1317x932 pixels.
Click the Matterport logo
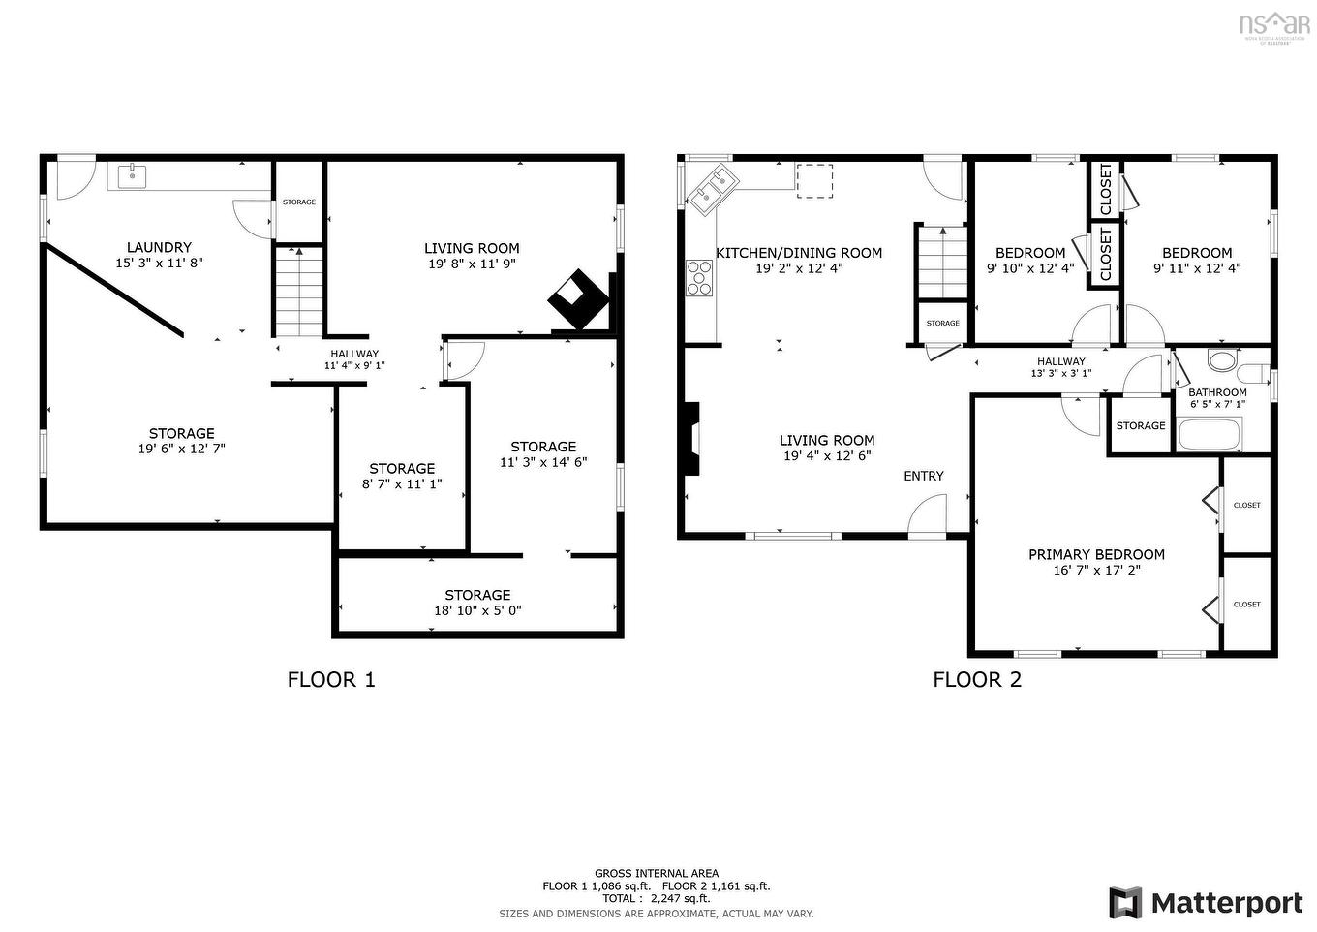click(1206, 903)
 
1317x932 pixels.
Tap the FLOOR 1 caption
click(330, 679)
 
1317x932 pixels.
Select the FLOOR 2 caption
click(976, 679)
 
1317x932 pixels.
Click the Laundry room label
click(159, 247)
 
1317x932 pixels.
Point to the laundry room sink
click(132, 176)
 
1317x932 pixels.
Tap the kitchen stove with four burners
click(698, 278)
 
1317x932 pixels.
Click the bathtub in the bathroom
click(1210, 434)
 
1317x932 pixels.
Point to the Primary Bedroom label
click(1096, 554)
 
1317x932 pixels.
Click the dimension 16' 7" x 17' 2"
click(1096, 571)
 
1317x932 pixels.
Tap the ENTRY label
click(923, 476)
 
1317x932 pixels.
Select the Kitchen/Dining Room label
click(799, 253)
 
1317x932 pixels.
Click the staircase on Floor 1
click(299, 292)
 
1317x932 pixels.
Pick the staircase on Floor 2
click(941, 262)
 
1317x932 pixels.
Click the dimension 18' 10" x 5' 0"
click(477, 610)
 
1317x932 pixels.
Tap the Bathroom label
click(1217, 392)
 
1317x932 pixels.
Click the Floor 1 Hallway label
click(354, 354)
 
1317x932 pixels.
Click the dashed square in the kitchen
click(814, 181)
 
